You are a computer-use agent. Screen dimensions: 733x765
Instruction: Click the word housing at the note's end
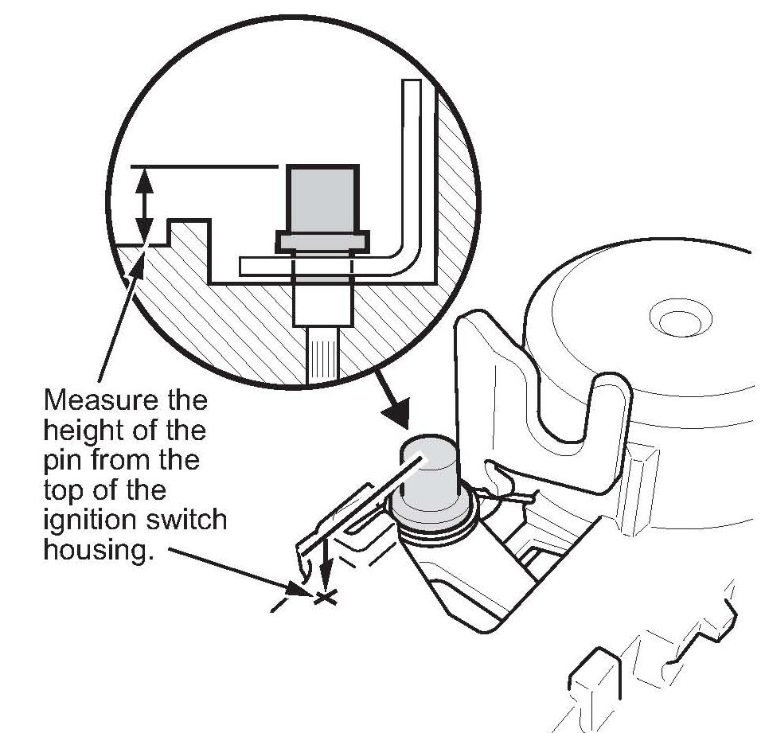[x=97, y=552]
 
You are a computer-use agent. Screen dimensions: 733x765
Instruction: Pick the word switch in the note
[x=188, y=521]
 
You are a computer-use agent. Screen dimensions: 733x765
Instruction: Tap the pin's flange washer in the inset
[x=322, y=241]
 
